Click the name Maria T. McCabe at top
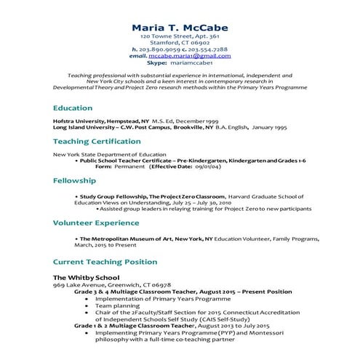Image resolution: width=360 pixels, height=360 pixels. tap(179, 28)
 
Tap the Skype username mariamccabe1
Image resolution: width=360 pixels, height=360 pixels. tap(199, 63)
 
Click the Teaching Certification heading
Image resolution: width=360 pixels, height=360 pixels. tap(100, 142)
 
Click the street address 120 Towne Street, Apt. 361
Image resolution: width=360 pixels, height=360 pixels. tap(179, 36)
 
